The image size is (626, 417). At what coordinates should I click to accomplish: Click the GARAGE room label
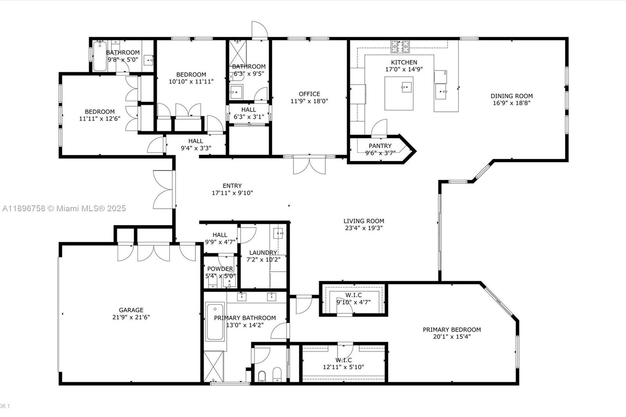(131, 310)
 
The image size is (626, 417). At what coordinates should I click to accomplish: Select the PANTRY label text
(380, 146)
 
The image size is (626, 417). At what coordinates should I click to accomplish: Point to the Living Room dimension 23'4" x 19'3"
(364, 228)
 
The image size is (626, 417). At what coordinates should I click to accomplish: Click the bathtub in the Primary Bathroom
(214, 322)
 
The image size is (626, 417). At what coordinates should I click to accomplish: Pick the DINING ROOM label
(512, 96)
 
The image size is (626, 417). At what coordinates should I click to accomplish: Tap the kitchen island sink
(407, 86)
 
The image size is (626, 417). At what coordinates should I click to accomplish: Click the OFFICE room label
(309, 94)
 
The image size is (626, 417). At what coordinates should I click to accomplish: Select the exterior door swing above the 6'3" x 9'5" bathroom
(259, 31)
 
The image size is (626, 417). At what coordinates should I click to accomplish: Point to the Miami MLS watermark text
(64, 208)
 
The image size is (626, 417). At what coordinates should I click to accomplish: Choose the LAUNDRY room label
(263, 253)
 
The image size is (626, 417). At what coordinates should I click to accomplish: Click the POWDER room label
(220, 269)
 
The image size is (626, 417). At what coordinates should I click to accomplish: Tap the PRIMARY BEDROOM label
(452, 330)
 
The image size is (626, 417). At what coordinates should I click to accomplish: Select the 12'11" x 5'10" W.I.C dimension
(344, 367)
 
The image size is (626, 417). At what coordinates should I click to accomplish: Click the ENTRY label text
(232, 186)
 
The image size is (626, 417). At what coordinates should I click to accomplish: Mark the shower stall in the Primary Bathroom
(214, 366)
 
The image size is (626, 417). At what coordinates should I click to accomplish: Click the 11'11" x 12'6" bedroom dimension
(99, 119)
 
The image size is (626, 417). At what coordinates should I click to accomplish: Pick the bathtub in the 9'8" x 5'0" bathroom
(100, 57)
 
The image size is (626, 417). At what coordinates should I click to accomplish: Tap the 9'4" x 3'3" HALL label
(196, 141)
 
